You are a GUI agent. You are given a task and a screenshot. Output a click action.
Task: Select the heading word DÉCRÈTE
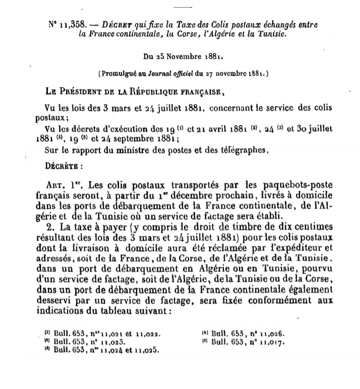[x=60, y=164]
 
